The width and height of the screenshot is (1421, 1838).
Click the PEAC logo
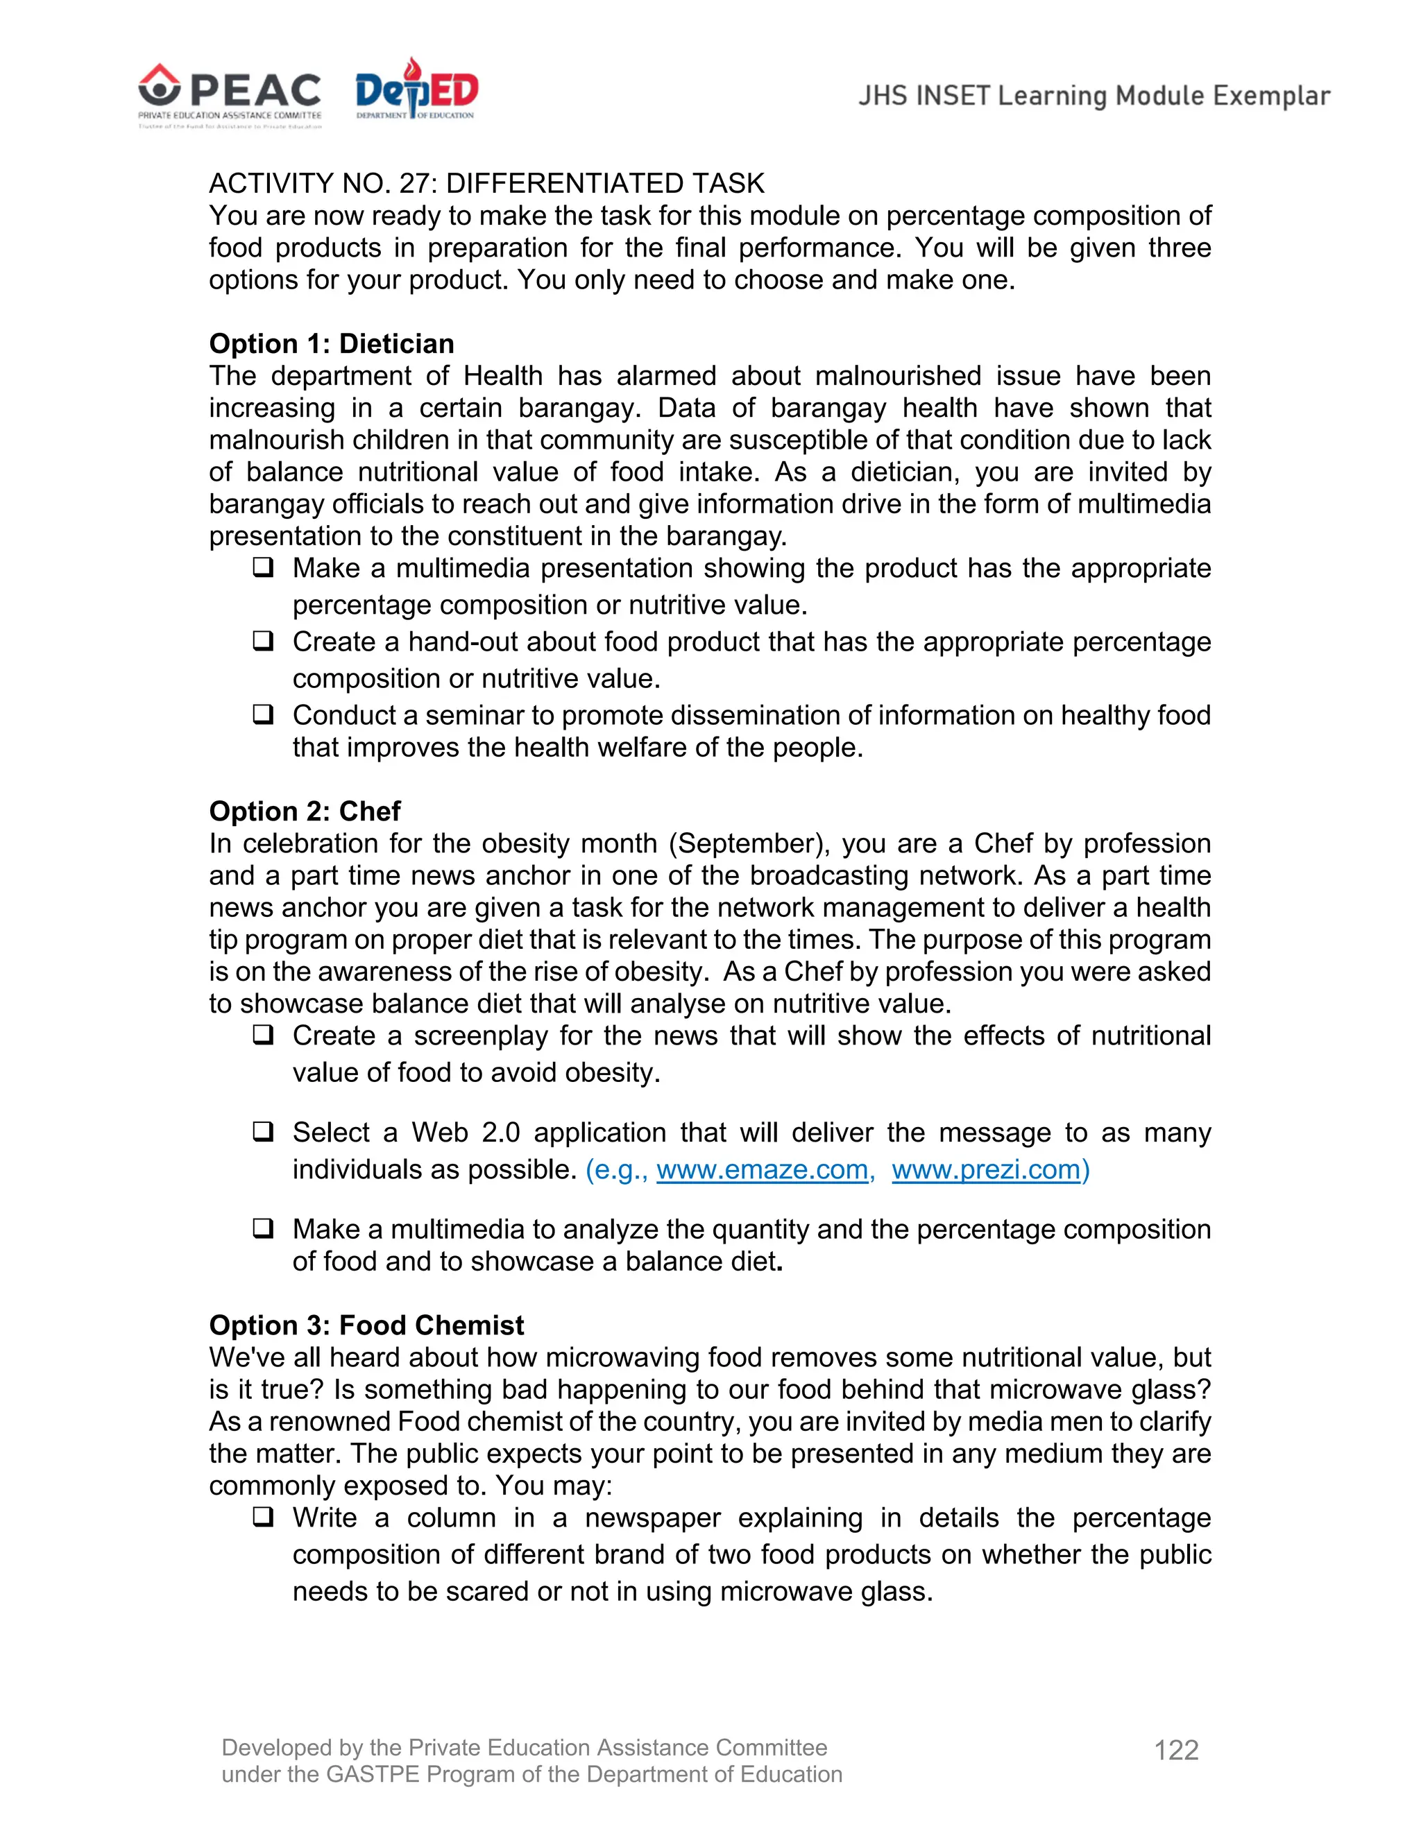pyautogui.click(x=230, y=94)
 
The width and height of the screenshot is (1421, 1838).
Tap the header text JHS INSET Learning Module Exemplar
pyautogui.click(x=1094, y=96)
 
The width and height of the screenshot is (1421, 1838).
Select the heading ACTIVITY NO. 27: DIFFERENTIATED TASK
pyautogui.click(x=486, y=184)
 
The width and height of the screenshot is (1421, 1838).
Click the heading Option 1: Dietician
pyautogui.click(x=332, y=343)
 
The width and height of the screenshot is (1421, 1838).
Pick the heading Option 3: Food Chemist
pyautogui.click(x=366, y=1325)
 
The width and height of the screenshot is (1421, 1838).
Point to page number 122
pyautogui.click(x=1176, y=1750)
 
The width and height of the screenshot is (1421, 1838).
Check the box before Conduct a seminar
pyautogui.click(x=264, y=714)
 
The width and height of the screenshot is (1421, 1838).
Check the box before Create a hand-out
pyautogui.click(x=264, y=642)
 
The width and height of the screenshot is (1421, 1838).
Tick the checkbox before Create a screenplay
pyautogui.click(x=264, y=1035)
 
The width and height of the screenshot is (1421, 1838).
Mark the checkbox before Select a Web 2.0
pyautogui.click(x=264, y=1132)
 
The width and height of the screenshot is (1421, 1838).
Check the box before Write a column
pyautogui.click(x=264, y=1518)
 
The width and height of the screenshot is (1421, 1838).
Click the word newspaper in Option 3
pyautogui.click(x=652, y=1518)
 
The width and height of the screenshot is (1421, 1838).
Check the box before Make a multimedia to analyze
pyautogui.click(x=264, y=1229)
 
